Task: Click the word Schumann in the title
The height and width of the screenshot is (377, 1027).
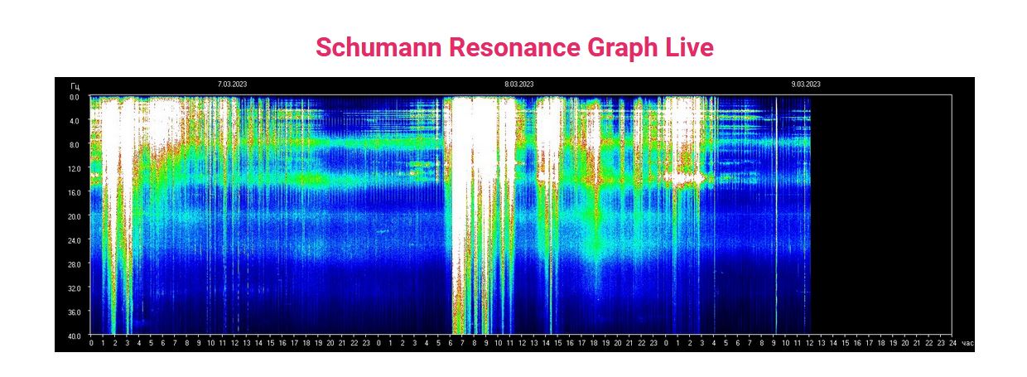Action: click(x=378, y=47)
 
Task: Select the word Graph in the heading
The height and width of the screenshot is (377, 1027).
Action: click(x=623, y=48)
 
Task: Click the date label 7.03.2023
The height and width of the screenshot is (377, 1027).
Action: click(x=232, y=85)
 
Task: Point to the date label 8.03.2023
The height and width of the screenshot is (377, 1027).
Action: click(x=519, y=85)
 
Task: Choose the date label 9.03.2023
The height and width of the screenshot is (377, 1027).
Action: click(x=806, y=85)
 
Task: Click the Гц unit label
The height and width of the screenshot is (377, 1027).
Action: click(x=75, y=86)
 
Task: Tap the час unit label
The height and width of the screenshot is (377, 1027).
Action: click(x=967, y=343)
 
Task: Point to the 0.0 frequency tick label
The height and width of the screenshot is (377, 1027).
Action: click(x=74, y=97)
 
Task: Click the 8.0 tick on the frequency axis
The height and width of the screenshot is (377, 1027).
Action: click(x=74, y=145)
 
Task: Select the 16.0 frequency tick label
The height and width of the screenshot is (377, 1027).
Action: click(x=74, y=192)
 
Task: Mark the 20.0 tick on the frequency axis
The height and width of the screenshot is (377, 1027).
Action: click(x=74, y=216)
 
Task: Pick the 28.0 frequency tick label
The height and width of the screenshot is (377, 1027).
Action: click(x=74, y=264)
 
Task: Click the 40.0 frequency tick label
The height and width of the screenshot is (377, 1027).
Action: click(x=74, y=336)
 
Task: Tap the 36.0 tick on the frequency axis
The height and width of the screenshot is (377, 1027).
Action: click(x=74, y=312)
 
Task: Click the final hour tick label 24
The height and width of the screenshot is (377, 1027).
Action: click(x=952, y=343)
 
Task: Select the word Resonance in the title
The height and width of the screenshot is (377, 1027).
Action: click(x=514, y=47)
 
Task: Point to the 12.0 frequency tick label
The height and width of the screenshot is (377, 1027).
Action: click(x=74, y=169)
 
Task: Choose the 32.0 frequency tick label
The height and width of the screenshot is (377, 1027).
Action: click(x=74, y=288)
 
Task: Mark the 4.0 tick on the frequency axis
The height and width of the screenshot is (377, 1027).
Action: click(x=74, y=121)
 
